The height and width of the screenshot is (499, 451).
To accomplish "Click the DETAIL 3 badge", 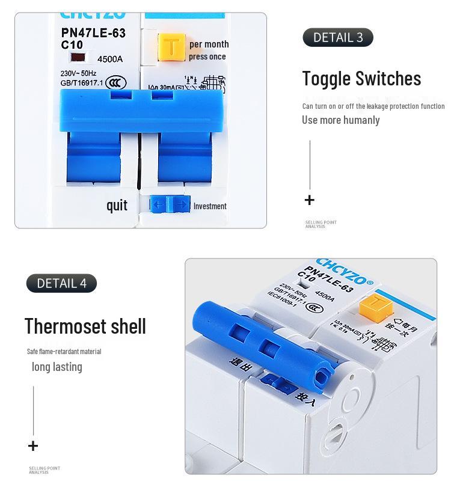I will pyautogui.click(x=338, y=37).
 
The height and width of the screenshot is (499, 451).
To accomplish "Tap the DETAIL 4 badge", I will pyautogui.click(x=61, y=283).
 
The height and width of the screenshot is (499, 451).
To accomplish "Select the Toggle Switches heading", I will pyautogui.click(x=361, y=78).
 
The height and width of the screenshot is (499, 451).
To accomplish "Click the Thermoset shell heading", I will pyautogui.click(x=85, y=326).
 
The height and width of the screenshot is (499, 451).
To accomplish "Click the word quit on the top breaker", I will pyautogui.click(x=117, y=206).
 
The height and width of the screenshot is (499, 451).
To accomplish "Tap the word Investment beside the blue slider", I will pyautogui.click(x=210, y=206).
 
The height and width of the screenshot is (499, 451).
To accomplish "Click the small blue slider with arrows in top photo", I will pyautogui.click(x=169, y=204).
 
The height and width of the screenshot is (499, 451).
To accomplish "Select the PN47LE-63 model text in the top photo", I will pyautogui.click(x=93, y=33).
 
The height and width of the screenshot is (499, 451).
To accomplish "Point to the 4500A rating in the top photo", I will pyautogui.click(x=110, y=59).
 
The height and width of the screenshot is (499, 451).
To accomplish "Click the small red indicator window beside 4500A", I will pyautogui.click(x=78, y=58).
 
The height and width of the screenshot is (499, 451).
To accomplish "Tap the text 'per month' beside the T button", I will pyautogui.click(x=209, y=44).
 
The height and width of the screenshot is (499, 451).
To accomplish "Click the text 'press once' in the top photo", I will pyautogui.click(x=207, y=57).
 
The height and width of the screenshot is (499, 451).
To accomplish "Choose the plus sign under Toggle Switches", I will pyautogui.click(x=310, y=200).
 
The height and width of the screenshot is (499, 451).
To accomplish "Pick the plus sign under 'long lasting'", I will pyautogui.click(x=33, y=445).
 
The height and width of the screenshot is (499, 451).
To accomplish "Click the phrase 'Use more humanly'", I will pyautogui.click(x=341, y=120).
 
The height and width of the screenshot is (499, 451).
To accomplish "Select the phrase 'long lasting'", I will pyautogui.click(x=57, y=367).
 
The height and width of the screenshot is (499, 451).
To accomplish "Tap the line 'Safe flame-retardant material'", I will pyautogui.click(x=64, y=351).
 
